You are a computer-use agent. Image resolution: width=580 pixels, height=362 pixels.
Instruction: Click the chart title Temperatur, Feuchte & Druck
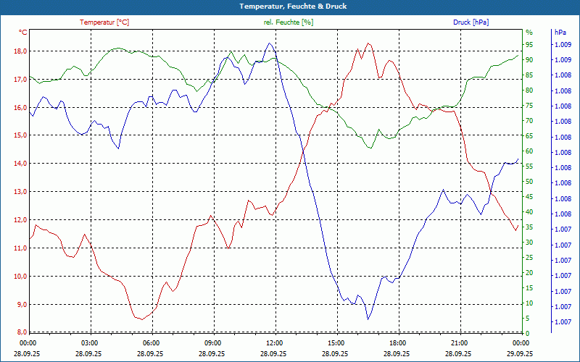click(x=289, y=6)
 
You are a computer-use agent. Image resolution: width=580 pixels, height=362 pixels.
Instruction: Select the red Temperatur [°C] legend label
click(x=104, y=22)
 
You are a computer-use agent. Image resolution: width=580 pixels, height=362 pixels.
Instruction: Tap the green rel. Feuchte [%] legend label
click(x=289, y=22)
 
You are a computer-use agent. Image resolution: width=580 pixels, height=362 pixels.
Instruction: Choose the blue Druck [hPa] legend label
click(x=471, y=22)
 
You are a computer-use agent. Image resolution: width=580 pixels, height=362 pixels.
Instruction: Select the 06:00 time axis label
click(x=152, y=342)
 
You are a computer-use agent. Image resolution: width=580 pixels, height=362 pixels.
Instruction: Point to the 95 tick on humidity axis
click(x=529, y=45)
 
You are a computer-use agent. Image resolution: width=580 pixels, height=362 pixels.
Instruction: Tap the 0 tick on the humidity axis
click(x=527, y=333)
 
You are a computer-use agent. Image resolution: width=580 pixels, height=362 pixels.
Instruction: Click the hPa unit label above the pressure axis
click(x=560, y=33)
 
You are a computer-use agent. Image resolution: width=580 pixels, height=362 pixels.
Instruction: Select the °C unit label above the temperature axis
click(x=23, y=33)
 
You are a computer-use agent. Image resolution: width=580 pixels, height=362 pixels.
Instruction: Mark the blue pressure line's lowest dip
click(x=368, y=319)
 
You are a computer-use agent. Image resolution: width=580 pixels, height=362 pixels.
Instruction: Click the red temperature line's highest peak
click(x=368, y=43)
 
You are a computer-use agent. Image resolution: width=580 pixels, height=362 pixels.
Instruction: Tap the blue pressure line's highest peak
click(x=270, y=43)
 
